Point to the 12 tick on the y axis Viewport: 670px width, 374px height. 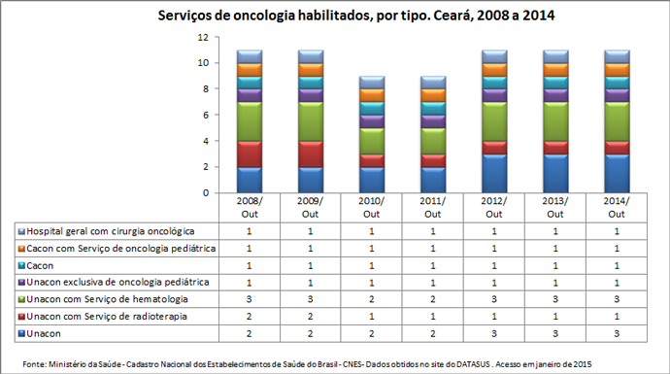(x=203, y=37)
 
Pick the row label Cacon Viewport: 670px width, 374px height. (x=42, y=265)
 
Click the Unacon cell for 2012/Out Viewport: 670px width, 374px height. (x=494, y=333)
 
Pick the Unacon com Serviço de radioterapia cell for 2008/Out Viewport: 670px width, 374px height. (x=250, y=316)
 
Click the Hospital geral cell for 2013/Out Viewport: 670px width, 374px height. (x=555, y=231)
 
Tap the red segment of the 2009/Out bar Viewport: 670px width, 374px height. (x=311, y=153)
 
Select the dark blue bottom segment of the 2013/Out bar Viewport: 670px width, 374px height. (x=555, y=173)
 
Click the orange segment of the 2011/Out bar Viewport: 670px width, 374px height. (x=433, y=95)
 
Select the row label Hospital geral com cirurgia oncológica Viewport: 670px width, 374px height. (x=110, y=231)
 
